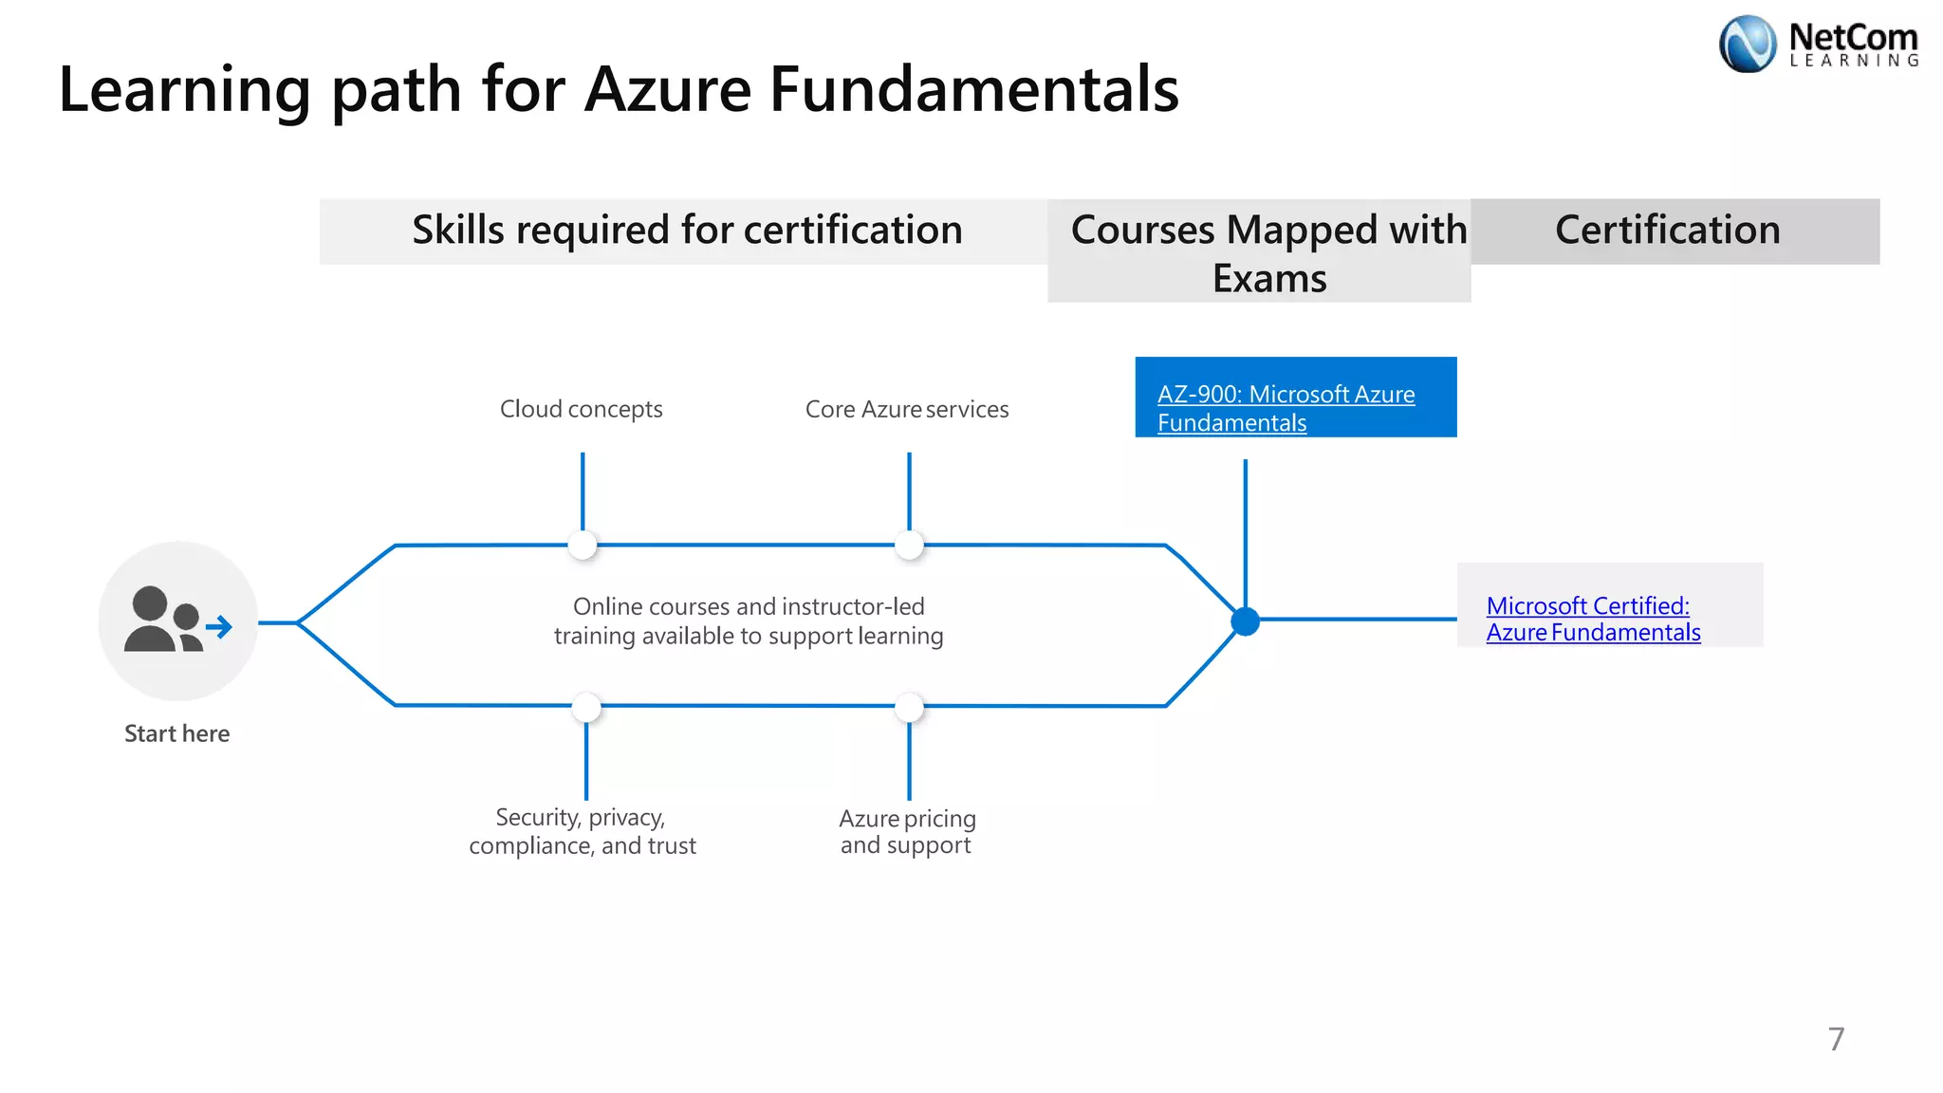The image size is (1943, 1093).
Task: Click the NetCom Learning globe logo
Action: click(1747, 44)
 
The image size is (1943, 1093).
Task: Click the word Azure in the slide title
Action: click(668, 89)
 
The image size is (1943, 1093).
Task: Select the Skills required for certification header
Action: click(687, 231)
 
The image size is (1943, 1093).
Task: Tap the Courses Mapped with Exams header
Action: click(1268, 253)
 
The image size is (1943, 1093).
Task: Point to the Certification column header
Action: click(1667, 231)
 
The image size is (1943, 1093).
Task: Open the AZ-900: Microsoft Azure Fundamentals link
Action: click(1286, 408)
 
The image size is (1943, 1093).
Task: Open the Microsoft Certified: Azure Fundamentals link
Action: click(1593, 619)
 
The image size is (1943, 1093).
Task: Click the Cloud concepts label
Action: click(581, 409)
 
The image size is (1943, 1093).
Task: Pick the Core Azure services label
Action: click(906, 409)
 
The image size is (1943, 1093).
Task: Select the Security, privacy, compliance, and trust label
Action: click(582, 831)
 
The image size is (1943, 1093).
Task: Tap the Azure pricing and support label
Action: click(907, 831)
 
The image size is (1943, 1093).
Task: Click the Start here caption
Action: click(176, 733)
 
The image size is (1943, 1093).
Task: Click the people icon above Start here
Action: click(177, 621)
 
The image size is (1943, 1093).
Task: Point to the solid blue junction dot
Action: click(1245, 621)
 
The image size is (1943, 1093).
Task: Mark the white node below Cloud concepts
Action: click(583, 545)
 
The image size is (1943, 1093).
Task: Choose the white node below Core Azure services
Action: click(909, 545)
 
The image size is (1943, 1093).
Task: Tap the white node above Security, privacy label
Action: click(586, 707)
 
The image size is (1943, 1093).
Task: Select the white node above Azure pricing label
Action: click(909, 707)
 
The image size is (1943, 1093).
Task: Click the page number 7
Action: click(1836, 1039)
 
